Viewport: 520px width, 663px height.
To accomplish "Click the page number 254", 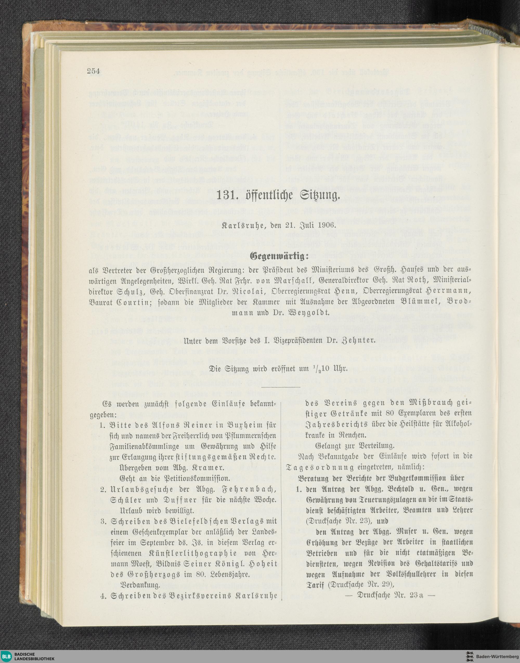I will (x=93, y=72).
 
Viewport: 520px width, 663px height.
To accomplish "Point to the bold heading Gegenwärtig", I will (x=279, y=257).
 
